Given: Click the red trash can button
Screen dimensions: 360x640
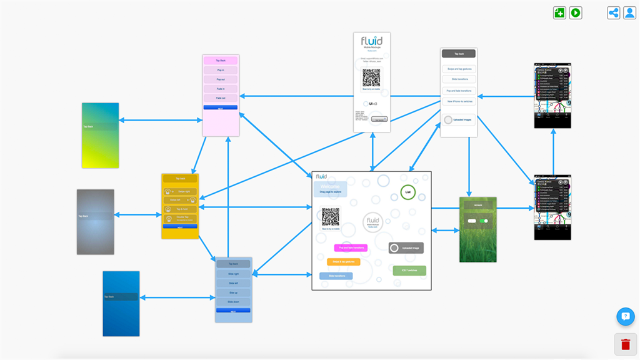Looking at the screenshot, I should (x=626, y=344).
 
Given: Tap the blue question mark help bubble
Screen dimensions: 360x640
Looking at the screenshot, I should (x=626, y=317).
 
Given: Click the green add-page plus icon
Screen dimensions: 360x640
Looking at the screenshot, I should (x=559, y=12).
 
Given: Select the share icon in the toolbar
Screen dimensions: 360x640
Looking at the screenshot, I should (x=614, y=12).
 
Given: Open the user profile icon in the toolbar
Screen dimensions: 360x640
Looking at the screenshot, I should (x=629, y=12).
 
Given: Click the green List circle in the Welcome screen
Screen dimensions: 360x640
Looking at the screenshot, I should (x=408, y=192).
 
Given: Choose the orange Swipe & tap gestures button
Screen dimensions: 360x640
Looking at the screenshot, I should (x=343, y=262).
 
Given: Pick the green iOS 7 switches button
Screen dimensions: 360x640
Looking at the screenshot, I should (x=409, y=271).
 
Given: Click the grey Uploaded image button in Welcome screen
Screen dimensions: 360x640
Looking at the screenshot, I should (x=406, y=248).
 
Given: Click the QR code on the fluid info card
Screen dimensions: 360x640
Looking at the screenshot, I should (x=371, y=78).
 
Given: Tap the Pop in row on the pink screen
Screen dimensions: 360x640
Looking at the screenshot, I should (x=221, y=70).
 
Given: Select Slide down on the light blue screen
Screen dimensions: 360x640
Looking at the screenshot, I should (x=233, y=302).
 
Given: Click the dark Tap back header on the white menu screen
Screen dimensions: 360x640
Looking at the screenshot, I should (x=459, y=54).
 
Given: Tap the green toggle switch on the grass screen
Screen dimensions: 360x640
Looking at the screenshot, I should (x=484, y=221).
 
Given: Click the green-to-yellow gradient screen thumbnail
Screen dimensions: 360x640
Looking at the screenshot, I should (x=100, y=136).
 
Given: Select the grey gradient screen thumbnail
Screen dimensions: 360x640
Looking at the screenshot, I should (x=96, y=222).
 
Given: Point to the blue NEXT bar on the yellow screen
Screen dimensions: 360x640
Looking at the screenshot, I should (x=180, y=227).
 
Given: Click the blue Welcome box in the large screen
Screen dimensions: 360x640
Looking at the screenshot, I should (x=329, y=189).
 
